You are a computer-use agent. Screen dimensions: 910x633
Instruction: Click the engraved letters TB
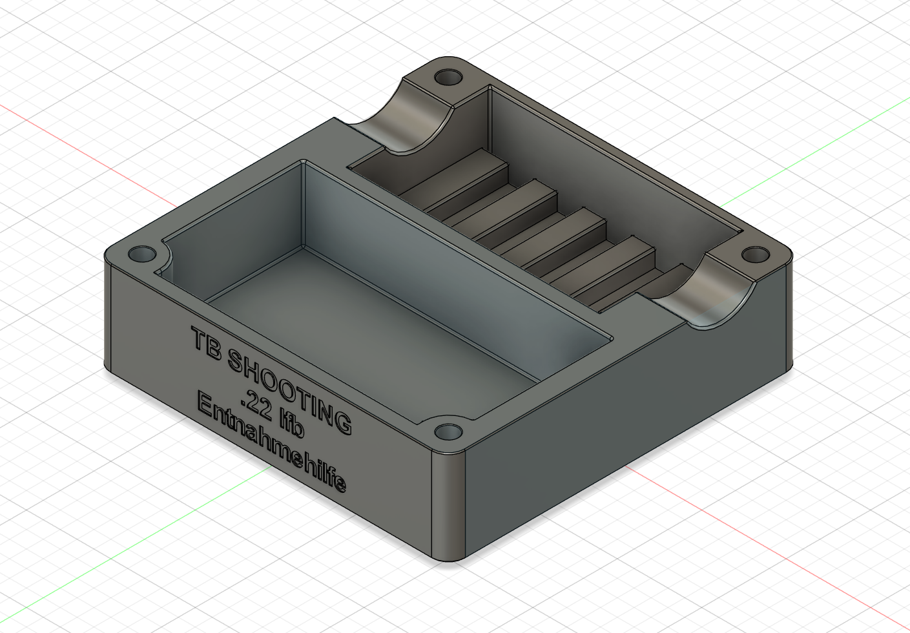tap(207, 344)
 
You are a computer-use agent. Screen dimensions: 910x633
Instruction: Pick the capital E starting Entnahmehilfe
tap(205, 404)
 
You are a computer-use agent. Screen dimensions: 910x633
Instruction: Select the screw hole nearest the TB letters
tap(142, 254)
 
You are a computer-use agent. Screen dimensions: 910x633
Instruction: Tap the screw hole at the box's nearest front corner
tap(449, 432)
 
